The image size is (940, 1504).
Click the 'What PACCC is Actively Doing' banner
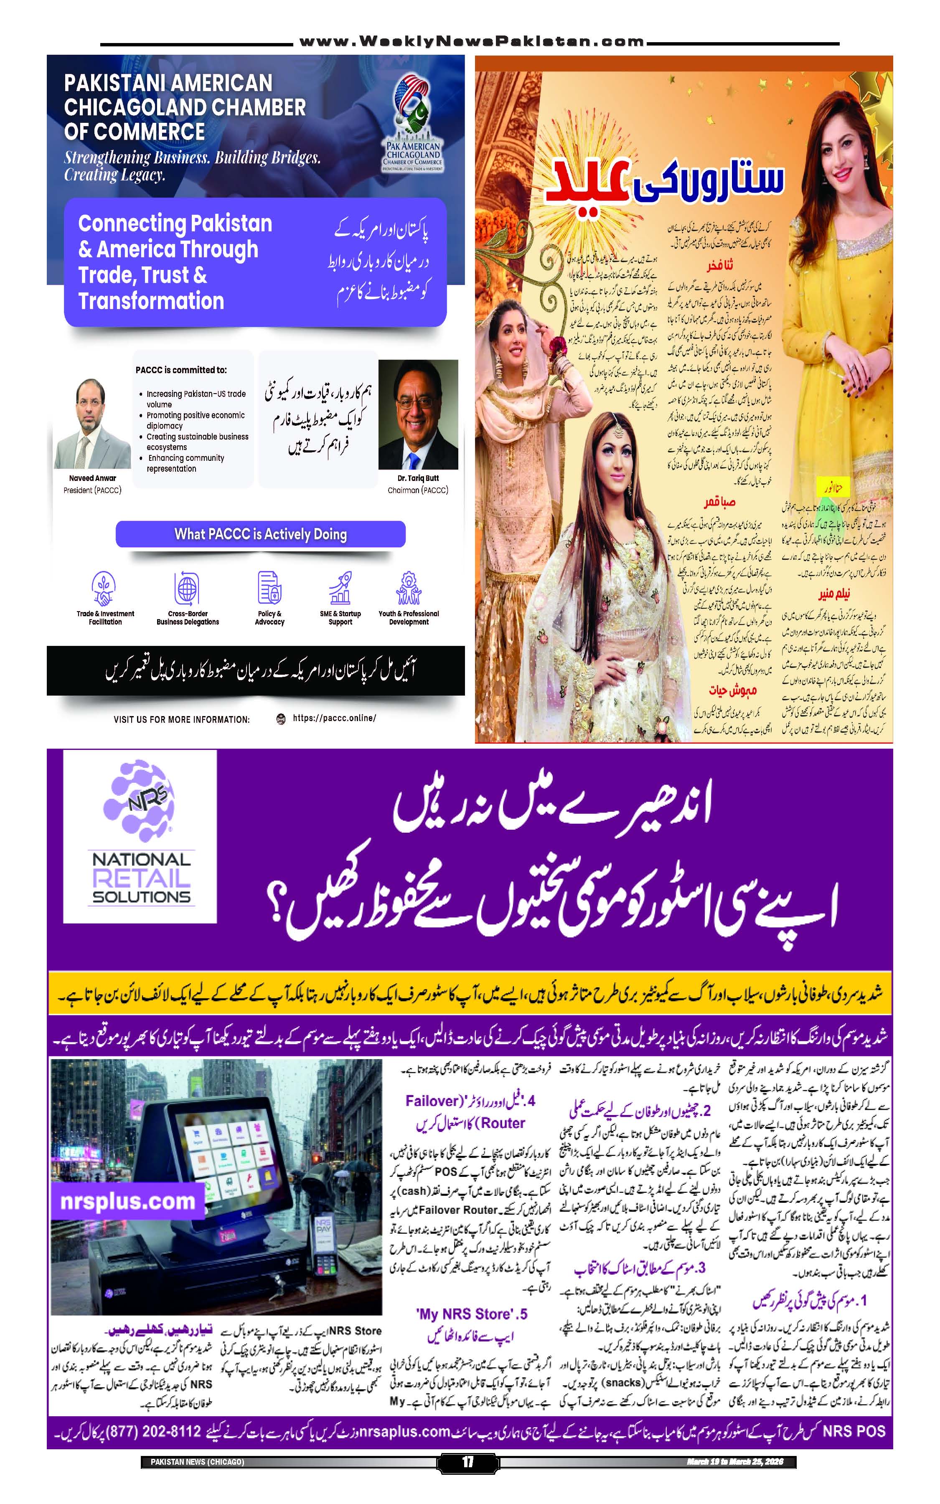point(261,534)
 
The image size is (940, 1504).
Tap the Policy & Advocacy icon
point(269,588)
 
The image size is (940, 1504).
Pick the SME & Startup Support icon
point(340,588)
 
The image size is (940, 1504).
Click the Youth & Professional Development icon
point(409,588)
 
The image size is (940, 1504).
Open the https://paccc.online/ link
point(334,718)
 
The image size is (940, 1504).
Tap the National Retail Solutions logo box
point(140,836)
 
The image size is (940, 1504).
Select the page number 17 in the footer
point(467,1462)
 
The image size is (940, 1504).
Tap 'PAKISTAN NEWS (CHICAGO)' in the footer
point(197,1462)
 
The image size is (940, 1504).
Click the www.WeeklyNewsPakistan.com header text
point(471,42)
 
